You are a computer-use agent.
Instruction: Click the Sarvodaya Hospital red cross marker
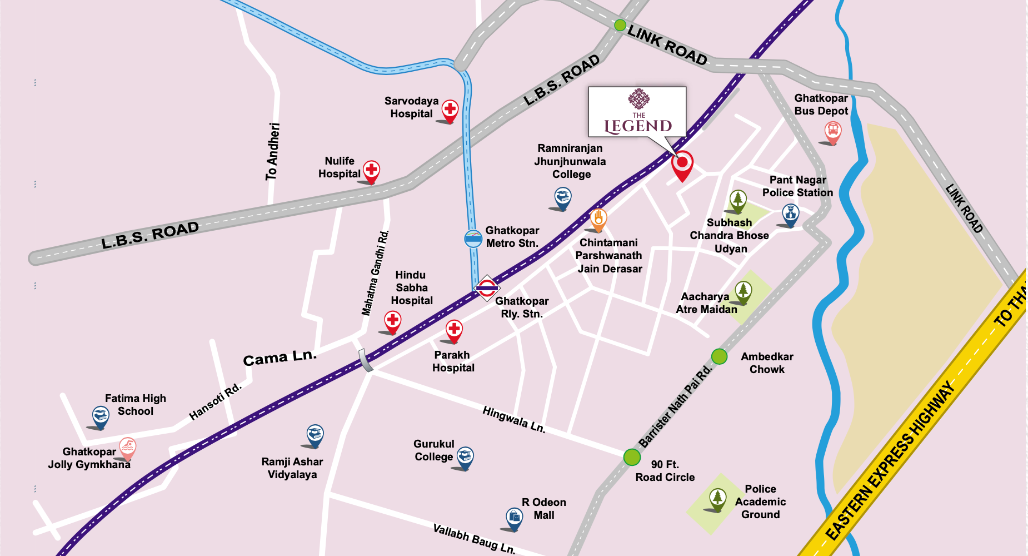[450, 109]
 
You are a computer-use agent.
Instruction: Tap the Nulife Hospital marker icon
[371, 170]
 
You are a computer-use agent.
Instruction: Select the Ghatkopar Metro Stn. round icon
[473, 239]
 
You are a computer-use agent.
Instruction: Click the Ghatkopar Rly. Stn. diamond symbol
[487, 288]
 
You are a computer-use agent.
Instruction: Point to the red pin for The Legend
[682, 164]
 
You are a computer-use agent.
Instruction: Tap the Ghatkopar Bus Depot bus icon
[832, 131]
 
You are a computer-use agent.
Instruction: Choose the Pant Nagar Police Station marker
[790, 213]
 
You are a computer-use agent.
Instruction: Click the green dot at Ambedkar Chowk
[719, 356]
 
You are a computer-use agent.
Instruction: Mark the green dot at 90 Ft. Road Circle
[632, 457]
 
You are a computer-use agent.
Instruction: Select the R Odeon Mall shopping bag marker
[515, 517]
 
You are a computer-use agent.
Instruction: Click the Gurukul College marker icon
[465, 456]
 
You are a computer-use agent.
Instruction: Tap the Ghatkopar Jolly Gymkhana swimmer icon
[128, 447]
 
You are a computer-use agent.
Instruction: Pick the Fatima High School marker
[101, 415]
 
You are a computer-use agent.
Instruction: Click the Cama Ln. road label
[280, 358]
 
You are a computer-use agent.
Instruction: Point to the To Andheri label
[272, 151]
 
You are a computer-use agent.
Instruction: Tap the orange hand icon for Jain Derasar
[598, 219]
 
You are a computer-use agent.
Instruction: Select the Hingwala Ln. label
[513, 419]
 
